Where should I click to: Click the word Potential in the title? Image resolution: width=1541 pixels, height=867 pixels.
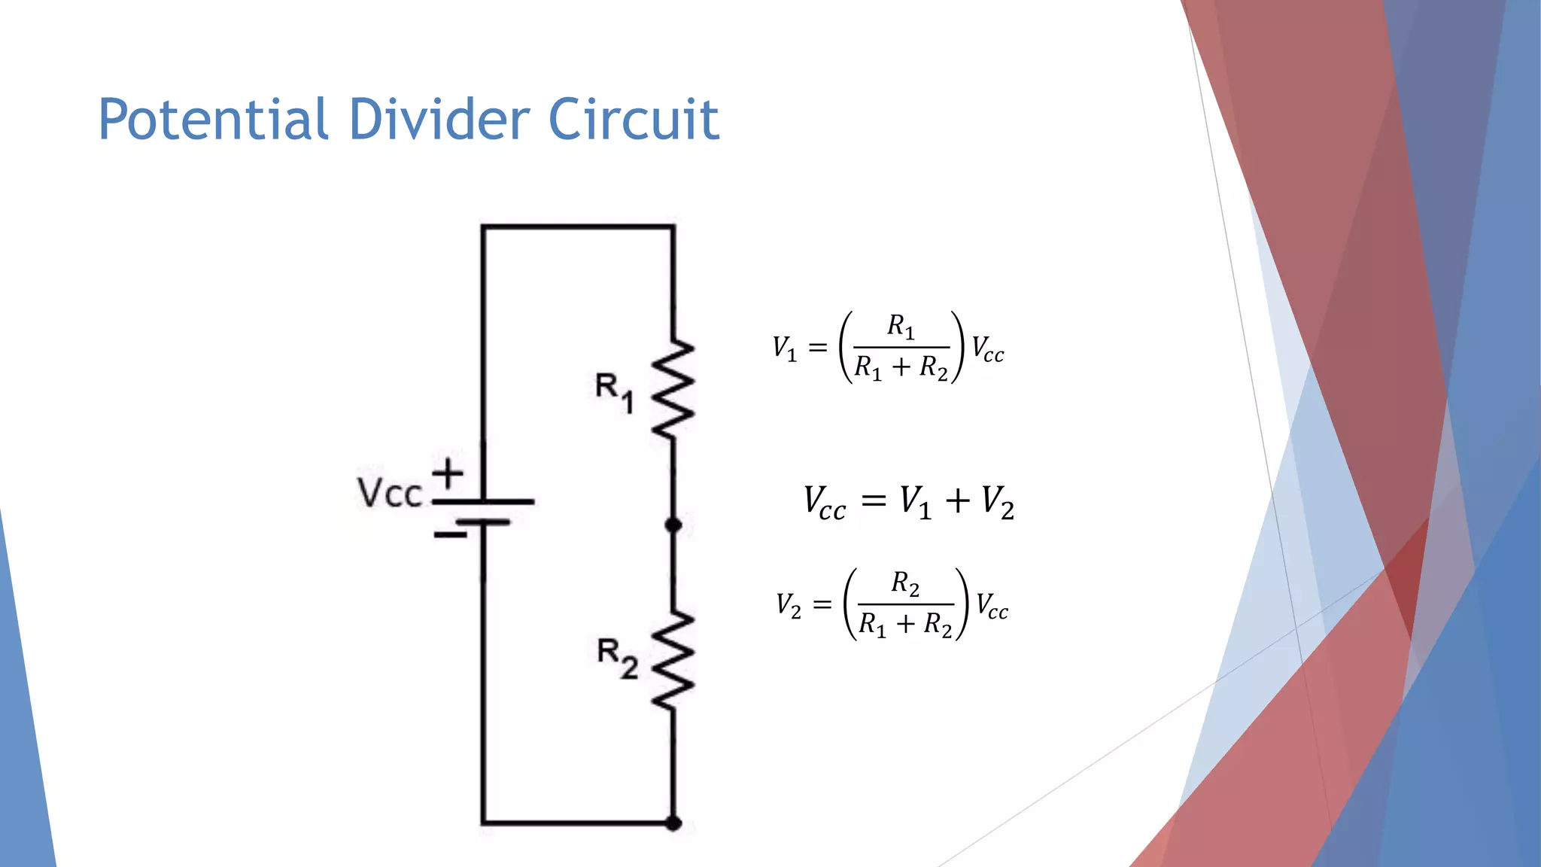point(213,120)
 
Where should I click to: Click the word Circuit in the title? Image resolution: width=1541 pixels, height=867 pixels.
point(634,120)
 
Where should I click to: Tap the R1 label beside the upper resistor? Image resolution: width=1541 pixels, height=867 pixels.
point(613,391)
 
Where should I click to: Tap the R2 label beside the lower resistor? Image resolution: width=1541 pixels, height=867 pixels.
point(617,658)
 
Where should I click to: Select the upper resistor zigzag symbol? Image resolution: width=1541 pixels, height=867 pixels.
point(672,388)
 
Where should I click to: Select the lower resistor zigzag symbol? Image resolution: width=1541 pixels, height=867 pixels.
point(672,661)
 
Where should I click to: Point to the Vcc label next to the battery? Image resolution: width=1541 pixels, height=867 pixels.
point(389,494)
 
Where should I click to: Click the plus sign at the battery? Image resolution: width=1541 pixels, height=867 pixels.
point(448,474)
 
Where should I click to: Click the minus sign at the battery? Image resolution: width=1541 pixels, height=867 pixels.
point(450,535)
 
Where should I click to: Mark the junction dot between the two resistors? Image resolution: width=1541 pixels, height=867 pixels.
point(673,525)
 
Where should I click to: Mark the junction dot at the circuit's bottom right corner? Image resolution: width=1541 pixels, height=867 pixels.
point(673,823)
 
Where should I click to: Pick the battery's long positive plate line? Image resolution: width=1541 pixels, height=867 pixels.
point(483,501)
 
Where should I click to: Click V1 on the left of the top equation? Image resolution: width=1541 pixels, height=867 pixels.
point(784,348)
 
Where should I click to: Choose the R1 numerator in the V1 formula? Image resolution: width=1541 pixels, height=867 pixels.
point(901,326)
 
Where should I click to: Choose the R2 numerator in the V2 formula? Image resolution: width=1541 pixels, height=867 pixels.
point(905,583)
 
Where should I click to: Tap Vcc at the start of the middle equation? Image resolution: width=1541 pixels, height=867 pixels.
point(824,503)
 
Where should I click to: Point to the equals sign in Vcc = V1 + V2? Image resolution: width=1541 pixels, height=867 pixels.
point(874,500)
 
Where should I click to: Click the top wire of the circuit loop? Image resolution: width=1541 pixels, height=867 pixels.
point(578,226)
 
